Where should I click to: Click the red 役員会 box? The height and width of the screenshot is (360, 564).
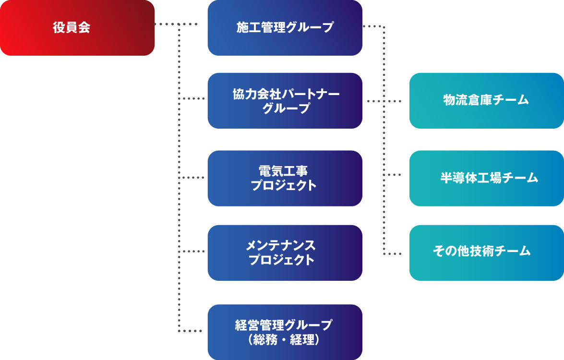click(x=77, y=28)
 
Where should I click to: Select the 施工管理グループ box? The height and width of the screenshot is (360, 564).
click(x=285, y=28)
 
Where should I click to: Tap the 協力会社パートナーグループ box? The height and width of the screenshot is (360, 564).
click(x=285, y=101)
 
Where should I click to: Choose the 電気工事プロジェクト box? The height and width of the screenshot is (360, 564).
click(x=285, y=178)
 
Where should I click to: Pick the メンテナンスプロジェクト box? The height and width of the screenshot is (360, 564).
click(x=285, y=253)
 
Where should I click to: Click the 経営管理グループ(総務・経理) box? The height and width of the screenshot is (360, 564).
click(x=285, y=332)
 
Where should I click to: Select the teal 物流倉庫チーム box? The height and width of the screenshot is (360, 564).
click(x=486, y=101)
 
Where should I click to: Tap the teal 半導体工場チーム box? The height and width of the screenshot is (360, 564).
click(x=486, y=178)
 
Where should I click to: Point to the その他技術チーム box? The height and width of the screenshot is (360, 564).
click(x=486, y=253)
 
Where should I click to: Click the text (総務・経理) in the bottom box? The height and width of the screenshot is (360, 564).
click(x=285, y=340)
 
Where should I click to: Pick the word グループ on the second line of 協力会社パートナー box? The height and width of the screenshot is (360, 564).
click(x=286, y=108)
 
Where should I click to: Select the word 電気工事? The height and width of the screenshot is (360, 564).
click(x=283, y=171)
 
